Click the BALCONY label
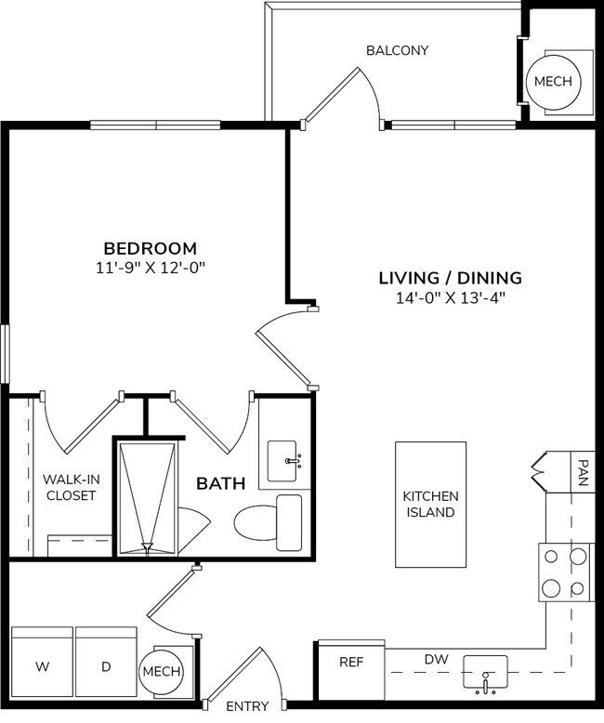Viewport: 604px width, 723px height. click(x=397, y=50)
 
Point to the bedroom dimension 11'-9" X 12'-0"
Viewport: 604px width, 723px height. click(x=150, y=269)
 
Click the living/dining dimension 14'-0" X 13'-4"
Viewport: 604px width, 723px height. click(x=450, y=298)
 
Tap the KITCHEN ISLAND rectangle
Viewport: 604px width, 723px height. click(x=430, y=504)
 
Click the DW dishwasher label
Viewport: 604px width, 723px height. click(x=436, y=659)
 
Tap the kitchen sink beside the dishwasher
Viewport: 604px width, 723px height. click(x=485, y=671)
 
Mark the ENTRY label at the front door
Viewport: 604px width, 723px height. click(x=246, y=706)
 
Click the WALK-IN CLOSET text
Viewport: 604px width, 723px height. click(x=71, y=487)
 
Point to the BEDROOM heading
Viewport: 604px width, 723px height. click(x=150, y=248)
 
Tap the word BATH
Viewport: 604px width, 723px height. click(x=220, y=483)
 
